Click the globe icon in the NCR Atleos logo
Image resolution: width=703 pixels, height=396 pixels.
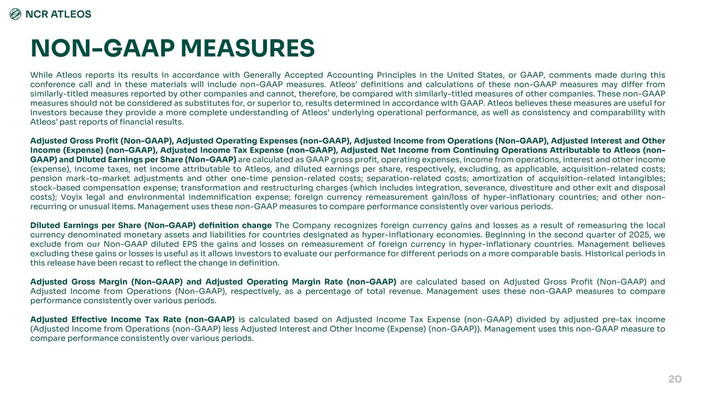tap(16, 14)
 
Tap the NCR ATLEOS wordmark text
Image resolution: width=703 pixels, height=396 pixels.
tap(58, 14)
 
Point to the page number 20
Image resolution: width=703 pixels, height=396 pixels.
tap(675, 379)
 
